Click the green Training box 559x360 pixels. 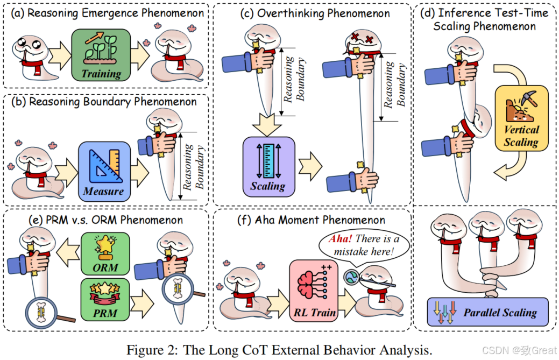pos(101,55)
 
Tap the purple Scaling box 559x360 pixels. pos(268,166)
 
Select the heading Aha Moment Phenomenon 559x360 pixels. pos(312,220)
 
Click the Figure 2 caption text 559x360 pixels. pos(279,349)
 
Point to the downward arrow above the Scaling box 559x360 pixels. pos(268,122)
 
